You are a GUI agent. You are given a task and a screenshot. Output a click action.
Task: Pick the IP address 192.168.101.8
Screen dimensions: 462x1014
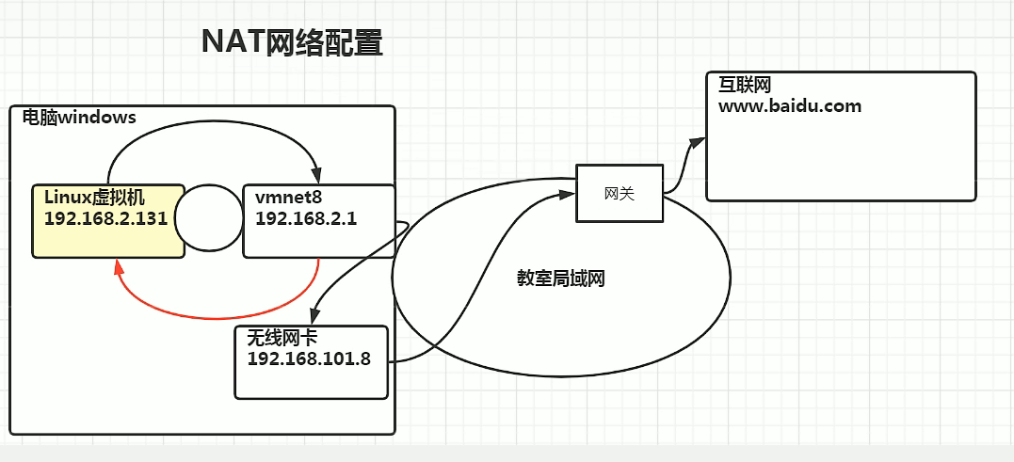pyautogui.click(x=309, y=358)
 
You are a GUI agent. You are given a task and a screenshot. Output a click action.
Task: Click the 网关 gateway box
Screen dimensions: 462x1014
pyautogui.click(x=619, y=194)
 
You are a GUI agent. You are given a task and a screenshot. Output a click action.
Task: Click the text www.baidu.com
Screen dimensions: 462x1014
pyautogui.click(x=789, y=105)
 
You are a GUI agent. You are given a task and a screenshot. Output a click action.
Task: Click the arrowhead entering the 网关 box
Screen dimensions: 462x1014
pyautogui.click(x=568, y=194)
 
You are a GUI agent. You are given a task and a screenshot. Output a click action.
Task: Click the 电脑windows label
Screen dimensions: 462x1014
pyautogui.click(x=79, y=119)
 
